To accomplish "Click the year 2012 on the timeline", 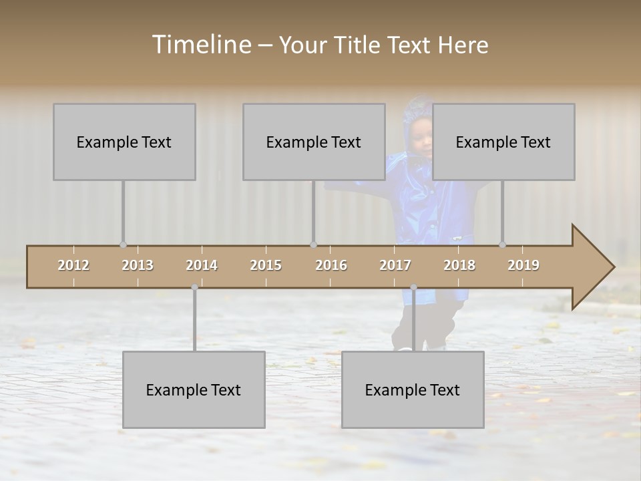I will point(73,265).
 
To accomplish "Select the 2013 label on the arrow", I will point(138,265).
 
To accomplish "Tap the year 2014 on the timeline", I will point(202,265).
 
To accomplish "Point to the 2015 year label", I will point(266,265).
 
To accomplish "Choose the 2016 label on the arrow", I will point(331,265).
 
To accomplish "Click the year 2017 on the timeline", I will point(395,265).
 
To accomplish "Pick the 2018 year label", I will point(459,265).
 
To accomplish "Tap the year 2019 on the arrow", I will point(523,265).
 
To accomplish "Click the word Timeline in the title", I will point(201,44).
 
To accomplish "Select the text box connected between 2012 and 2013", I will point(124,142).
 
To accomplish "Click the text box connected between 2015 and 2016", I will point(314,142).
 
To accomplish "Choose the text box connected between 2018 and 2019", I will point(503,142).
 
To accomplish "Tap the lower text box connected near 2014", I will point(194,389).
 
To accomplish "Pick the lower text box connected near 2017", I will point(413,389).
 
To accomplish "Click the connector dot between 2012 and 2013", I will point(123,245).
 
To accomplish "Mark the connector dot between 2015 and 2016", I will point(313,245).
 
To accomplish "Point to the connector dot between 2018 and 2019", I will point(503,245).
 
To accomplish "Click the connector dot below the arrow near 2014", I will point(194,287).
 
